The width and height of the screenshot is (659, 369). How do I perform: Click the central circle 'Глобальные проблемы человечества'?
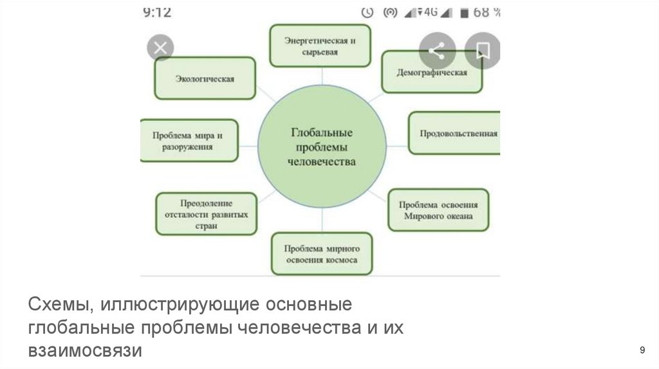point(322,148)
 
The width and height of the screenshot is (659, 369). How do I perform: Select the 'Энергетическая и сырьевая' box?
point(320,46)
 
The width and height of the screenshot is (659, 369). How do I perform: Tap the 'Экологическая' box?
point(205,78)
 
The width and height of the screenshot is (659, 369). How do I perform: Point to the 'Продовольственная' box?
point(455,134)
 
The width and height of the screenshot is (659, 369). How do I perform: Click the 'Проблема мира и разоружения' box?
point(189,140)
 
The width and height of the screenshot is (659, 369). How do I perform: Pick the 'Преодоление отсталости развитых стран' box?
point(205,213)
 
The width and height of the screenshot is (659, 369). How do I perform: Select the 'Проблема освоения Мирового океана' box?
point(438,210)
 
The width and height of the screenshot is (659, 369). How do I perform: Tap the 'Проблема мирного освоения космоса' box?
point(321,254)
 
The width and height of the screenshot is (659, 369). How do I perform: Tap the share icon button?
point(438,50)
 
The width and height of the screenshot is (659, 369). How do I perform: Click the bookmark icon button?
point(483,50)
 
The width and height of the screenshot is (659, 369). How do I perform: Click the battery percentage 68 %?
point(487,12)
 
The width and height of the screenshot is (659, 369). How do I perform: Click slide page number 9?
point(642,350)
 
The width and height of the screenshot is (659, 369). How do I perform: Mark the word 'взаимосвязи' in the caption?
point(83,351)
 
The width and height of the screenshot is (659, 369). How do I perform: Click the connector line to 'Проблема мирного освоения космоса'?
point(322,222)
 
